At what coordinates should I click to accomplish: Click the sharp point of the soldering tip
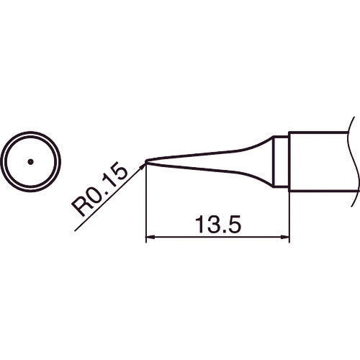(146, 162)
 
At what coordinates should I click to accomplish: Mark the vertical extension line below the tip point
(146, 209)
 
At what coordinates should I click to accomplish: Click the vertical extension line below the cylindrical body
(289, 216)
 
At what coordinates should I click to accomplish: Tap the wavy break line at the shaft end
(353, 160)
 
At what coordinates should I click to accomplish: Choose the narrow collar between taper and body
(282, 161)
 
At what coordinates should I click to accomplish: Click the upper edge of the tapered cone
(216, 152)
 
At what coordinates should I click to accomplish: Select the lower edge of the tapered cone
(216, 168)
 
